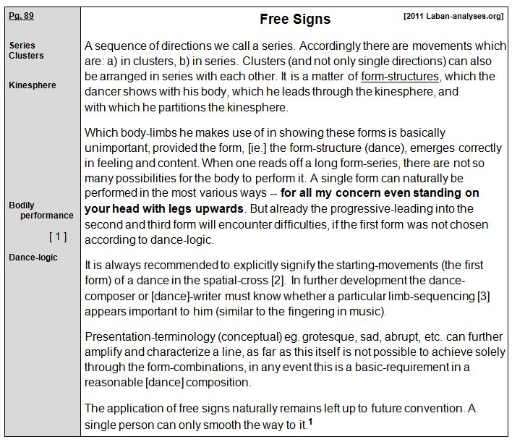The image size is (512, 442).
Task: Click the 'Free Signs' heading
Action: [x=294, y=20]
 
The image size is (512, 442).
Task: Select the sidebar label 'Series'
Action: [x=22, y=45]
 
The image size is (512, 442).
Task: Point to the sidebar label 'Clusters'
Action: [x=26, y=56]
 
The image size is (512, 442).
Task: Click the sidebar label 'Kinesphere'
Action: [x=33, y=85]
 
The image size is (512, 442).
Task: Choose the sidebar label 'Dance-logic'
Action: [x=33, y=257]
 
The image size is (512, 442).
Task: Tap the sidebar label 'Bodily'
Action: [x=22, y=205]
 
